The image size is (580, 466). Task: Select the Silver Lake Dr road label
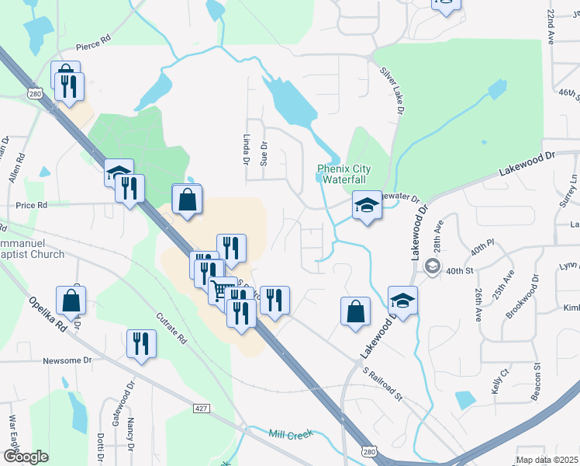[392, 91]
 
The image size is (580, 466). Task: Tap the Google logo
[26, 457]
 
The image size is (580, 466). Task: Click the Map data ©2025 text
[547, 460]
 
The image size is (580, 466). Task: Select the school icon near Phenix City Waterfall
[368, 206]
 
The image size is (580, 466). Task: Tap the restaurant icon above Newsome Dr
[141, 343]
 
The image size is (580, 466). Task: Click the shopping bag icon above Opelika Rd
[71, 300]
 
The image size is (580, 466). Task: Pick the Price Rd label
[32, 205]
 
